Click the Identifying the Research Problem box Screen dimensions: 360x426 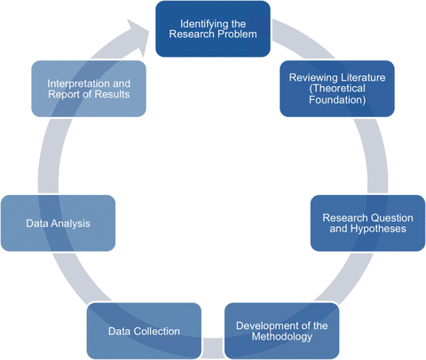214,28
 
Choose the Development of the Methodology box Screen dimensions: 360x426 281,331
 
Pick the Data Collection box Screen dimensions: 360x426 144,331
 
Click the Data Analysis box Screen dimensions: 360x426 58,223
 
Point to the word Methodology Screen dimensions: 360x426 281,338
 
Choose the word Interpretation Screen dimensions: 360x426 80,82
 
